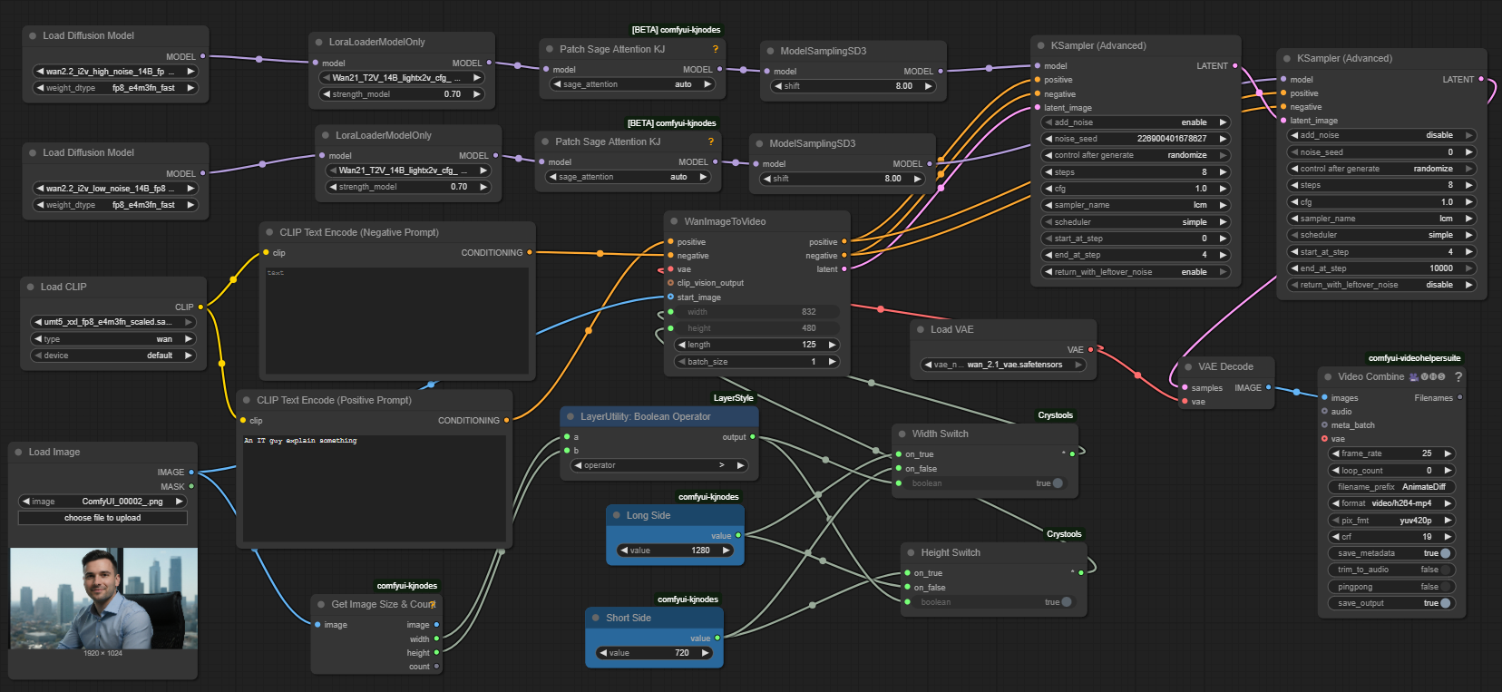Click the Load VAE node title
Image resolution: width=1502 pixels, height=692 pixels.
pos(951,329)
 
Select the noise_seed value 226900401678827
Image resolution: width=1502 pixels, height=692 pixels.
pos(1171,139)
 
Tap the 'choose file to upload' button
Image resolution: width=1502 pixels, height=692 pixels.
pos(102,518)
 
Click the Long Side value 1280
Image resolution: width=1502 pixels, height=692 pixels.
pos(676,551)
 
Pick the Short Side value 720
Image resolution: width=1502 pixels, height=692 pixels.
pos(654,653)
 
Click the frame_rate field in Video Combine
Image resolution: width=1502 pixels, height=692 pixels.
pos(1391,453)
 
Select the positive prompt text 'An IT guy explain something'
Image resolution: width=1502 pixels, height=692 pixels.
pos(300,441)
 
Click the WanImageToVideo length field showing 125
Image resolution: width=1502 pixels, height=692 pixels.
pos(756,345)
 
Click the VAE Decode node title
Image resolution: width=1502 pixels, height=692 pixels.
pos(1225,366)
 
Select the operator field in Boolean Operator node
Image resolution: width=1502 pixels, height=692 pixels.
pos(658,465)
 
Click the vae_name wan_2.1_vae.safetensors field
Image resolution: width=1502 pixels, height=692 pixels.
pos(1003,365)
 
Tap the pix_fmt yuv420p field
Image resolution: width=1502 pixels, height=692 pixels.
pos(1391,521)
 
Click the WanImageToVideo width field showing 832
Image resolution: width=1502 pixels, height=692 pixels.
pos(756,312)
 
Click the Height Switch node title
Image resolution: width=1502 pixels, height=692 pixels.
pos(951,552)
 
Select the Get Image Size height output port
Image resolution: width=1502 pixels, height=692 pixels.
pos(436,653)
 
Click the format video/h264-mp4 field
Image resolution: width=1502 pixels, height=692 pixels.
pos(1391,503)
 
